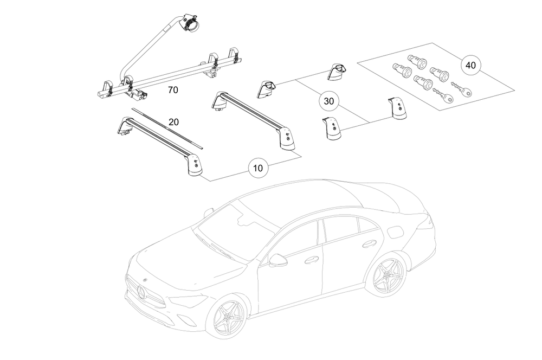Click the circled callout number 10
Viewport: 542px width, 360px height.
258,168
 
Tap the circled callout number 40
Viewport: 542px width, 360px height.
470,65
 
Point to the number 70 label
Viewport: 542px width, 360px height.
173,90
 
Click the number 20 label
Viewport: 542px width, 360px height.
173,122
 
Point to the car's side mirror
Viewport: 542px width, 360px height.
278,260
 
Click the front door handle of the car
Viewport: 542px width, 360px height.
311,260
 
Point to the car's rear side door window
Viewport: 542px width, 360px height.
341,227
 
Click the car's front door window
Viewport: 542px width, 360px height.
298,239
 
